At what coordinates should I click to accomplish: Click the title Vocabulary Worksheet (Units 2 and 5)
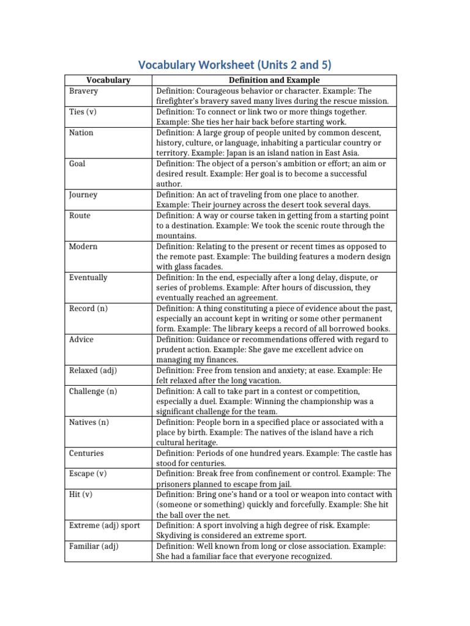[x=235, y=65]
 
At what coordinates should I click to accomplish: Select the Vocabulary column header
[x=108, y=80]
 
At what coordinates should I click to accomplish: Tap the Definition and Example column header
[x=274, y=80]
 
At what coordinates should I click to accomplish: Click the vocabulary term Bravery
[x=83, y=90]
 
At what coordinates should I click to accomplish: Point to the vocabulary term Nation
[x=81, y=133]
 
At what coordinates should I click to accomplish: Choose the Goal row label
[x=78, y=164]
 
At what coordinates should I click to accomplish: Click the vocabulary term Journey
[x=83, y=195]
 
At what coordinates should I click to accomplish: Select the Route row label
[x=80, y=215]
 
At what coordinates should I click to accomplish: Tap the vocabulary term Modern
[x=83, y=246]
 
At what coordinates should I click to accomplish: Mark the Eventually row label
[x=88, y=277]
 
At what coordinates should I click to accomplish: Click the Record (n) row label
[x=88, y=308]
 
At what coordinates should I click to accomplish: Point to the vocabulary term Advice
[x=82, y=339]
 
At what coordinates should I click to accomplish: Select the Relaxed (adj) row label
[x=92, y=370]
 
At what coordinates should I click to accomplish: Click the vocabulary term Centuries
[x=86, y=453]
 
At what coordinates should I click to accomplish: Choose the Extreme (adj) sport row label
[x=105, y=525]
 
